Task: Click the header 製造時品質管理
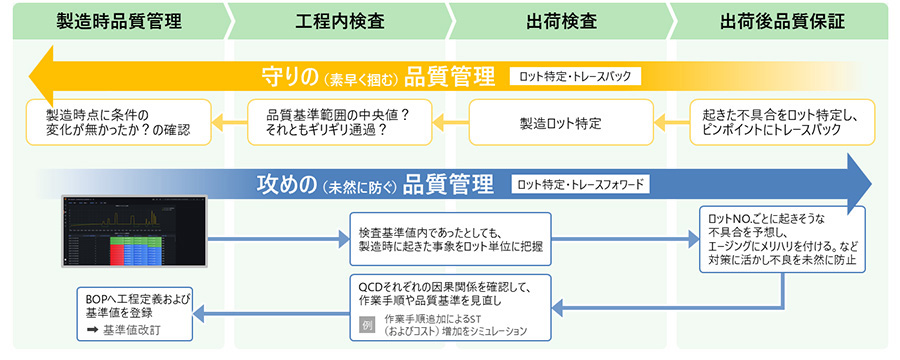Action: point(118,19)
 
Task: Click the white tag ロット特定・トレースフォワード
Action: point(579,184)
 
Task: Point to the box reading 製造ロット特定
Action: point(560,123)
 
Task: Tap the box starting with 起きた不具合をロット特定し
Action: point(782,123)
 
